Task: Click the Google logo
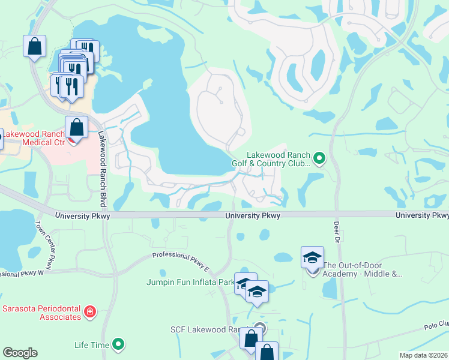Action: click(20, 353)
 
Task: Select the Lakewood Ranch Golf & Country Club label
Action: click(271, 158)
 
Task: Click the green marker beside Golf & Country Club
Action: click(319, 158)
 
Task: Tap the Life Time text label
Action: click(92, 344)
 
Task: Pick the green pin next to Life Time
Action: click(119, 344)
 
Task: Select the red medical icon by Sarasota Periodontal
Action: click(89, 311)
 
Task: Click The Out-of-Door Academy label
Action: click(362, 269)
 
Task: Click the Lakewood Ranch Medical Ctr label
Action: click(36, 139)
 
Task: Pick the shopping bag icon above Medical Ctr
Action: click(76, 127)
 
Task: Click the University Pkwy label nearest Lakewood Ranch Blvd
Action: click(83, 216)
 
